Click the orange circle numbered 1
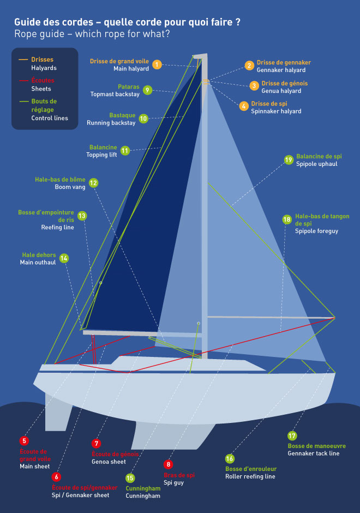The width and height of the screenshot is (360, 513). (157, 64)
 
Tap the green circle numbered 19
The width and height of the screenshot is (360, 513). (289, 159)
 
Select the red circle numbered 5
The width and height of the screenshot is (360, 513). (24, 440)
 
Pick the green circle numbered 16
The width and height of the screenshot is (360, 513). (230, 459)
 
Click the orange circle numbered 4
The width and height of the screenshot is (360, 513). (244, 106)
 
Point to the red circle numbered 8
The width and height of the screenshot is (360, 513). (168, 464)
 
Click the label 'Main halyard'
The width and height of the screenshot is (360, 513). (131, 69)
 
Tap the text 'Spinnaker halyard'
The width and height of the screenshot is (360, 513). (276, 111)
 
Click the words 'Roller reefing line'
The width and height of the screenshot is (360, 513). (250, 476)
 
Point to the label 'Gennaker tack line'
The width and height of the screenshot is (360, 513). (313, 454)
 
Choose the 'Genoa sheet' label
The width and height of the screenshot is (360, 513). (109, 462)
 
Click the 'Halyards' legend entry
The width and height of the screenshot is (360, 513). (44, 68)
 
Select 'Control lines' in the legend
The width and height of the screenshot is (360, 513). (50, 118)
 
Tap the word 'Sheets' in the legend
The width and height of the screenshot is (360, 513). (41, 89)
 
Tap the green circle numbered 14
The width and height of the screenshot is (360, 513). (64, 258)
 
